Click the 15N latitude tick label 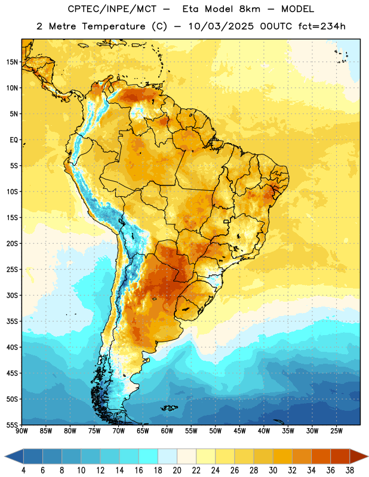12,62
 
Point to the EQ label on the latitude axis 14,140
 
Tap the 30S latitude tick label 12,295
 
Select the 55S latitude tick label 12,425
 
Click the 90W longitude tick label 22,431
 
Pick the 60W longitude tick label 167,431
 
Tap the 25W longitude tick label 336,431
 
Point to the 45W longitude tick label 240,431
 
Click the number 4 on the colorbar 23,470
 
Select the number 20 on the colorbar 177,470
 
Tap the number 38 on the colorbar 350,470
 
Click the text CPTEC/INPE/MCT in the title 112,9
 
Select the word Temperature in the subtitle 113,26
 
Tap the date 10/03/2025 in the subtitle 221,26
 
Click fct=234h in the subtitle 322,26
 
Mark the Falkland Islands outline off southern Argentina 169,408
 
